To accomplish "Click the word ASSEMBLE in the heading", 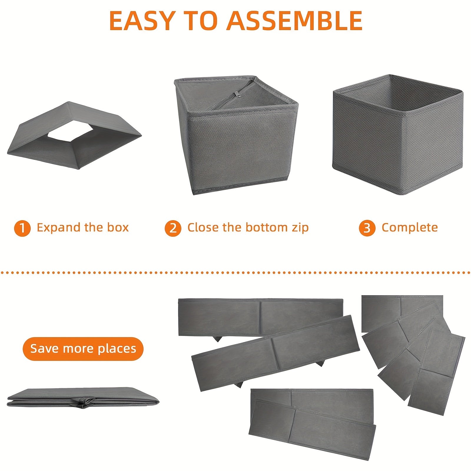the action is [294, 21].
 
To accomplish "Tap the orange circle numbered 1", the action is [22, 228].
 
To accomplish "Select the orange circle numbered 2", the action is [173, 228].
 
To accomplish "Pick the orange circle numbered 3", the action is [367, 228].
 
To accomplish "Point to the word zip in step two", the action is [300, 228].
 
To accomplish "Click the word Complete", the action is [410, 228].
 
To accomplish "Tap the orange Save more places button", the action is [83, 349].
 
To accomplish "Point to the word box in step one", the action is [118, 228].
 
